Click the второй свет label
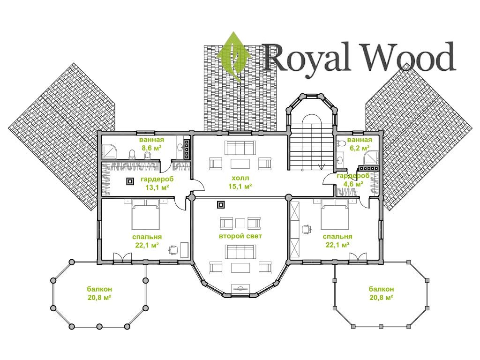coord(240,236)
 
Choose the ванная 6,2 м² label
coord(360,143)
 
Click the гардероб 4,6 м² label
coord(352,180)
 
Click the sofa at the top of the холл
coord(240,148)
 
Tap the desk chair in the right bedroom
coord(307,229)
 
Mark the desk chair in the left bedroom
coord(173,249)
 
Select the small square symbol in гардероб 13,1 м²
coord(129,181)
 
